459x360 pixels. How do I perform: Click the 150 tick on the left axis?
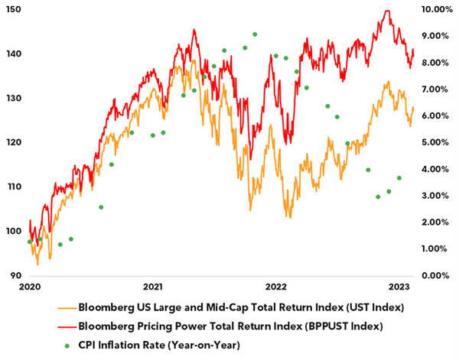[11, 9]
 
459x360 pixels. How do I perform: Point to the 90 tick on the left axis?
[11, 275]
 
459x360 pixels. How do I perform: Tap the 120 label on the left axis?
[11, 142]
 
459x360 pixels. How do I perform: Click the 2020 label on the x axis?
[29, 287]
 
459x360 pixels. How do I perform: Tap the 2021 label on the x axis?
[152, 287]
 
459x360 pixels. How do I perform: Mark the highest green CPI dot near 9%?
[255, 34]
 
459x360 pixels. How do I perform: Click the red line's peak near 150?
[387, 11]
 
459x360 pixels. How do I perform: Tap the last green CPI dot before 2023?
[399, 178]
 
